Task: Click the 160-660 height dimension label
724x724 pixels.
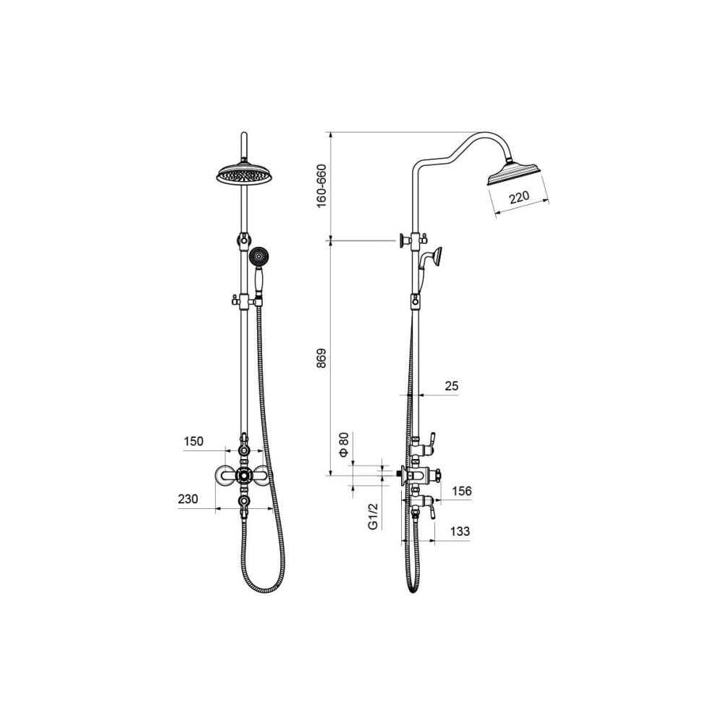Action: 321,185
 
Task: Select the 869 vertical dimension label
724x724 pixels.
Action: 321,358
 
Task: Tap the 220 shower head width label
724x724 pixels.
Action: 519,197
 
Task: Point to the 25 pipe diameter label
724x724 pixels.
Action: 451,386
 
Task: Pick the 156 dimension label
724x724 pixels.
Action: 462,491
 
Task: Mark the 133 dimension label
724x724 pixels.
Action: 460,531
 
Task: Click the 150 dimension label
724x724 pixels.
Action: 193,442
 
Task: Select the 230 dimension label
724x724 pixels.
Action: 188,499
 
